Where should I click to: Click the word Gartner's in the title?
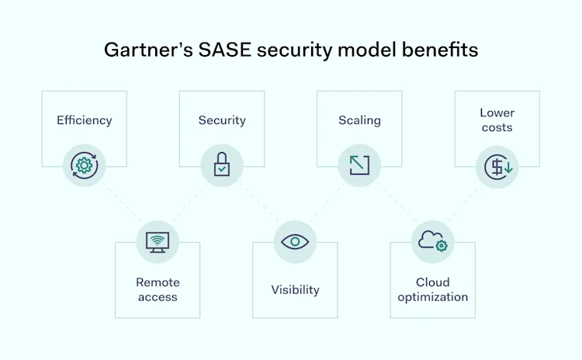(142, 50)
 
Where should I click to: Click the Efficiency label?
(84, 120)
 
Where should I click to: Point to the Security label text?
(222, 120)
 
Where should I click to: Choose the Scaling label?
(359, 120)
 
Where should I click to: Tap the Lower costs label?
(497, 120)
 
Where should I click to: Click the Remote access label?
(158, 289)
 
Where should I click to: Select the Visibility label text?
(295, 289)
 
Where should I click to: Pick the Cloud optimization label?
(433, 289)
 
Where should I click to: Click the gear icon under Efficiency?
(84, 165)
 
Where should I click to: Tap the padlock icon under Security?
(222, 164)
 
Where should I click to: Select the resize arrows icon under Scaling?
(359, 164)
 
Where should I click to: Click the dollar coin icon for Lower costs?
(497, 165)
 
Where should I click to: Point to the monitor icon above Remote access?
(158, 241)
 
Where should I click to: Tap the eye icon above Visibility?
(295, 241)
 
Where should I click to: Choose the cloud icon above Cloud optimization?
(432, 241)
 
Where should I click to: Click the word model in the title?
(362, 50)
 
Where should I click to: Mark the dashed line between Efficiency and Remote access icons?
(120, 203)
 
